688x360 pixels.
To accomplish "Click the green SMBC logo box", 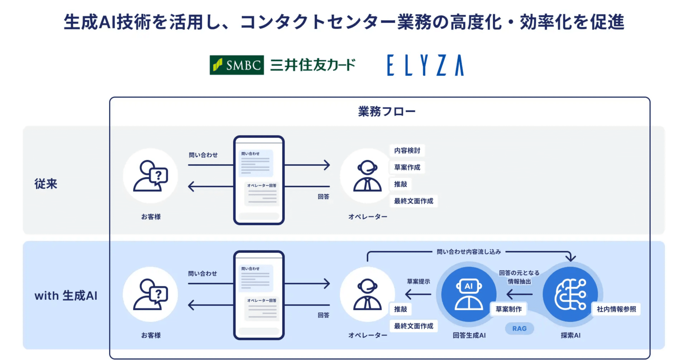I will point(236,65).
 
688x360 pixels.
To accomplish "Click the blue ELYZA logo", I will point(425,65).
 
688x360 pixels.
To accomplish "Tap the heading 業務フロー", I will point(387,111).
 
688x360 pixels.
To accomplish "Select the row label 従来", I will point(46,184).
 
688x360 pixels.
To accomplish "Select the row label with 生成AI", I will point(66,296).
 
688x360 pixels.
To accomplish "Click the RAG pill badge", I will point(519,328).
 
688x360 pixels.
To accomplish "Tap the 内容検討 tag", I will point(407,150).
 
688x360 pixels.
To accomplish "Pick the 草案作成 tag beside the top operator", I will point(407,167).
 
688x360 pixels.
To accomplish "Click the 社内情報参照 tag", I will point(616,309).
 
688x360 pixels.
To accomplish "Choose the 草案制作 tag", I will point(508,309).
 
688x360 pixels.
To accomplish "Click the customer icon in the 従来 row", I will point(150,176).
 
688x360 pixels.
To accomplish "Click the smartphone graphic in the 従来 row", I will point(259,180).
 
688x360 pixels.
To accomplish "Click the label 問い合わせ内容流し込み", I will point(468,252).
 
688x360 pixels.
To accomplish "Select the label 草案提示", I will point(418,282).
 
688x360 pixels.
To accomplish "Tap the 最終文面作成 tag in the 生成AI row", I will point(414,326).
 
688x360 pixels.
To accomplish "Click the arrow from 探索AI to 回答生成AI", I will point(520,294).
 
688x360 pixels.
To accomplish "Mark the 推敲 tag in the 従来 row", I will point(401,184).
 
